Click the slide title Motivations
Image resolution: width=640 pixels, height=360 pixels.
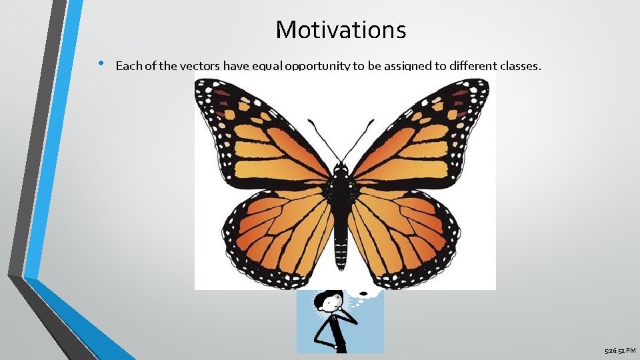pyautogui.click(x=340, y=30)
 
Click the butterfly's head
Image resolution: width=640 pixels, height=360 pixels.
pyautogui.click(x=341, y=167)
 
